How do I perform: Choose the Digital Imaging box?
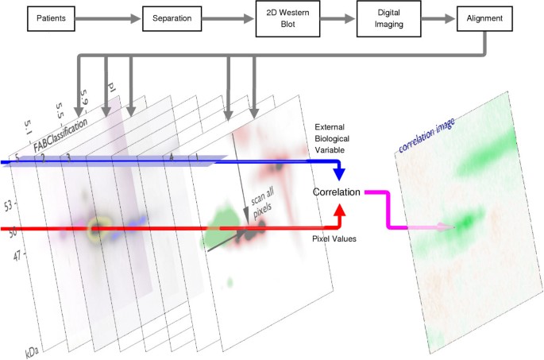[388, 17]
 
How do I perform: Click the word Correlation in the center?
[338, 192]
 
